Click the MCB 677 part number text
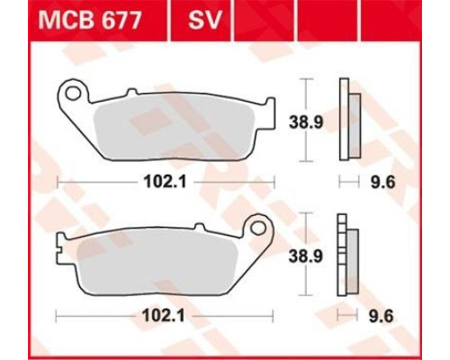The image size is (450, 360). [90, 21]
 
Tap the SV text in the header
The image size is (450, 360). [205, 21]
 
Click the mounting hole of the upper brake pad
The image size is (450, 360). [73, 93]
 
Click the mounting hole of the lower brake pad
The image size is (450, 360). [258, 229]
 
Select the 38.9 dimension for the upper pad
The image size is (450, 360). [306, 122]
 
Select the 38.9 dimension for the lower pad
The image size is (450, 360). [306, 256]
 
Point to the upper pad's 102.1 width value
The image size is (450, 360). [166, 182]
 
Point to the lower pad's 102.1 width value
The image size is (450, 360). [164, 316]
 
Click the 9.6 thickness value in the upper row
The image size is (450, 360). [383, 182]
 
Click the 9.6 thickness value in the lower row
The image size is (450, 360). [381, 316]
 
